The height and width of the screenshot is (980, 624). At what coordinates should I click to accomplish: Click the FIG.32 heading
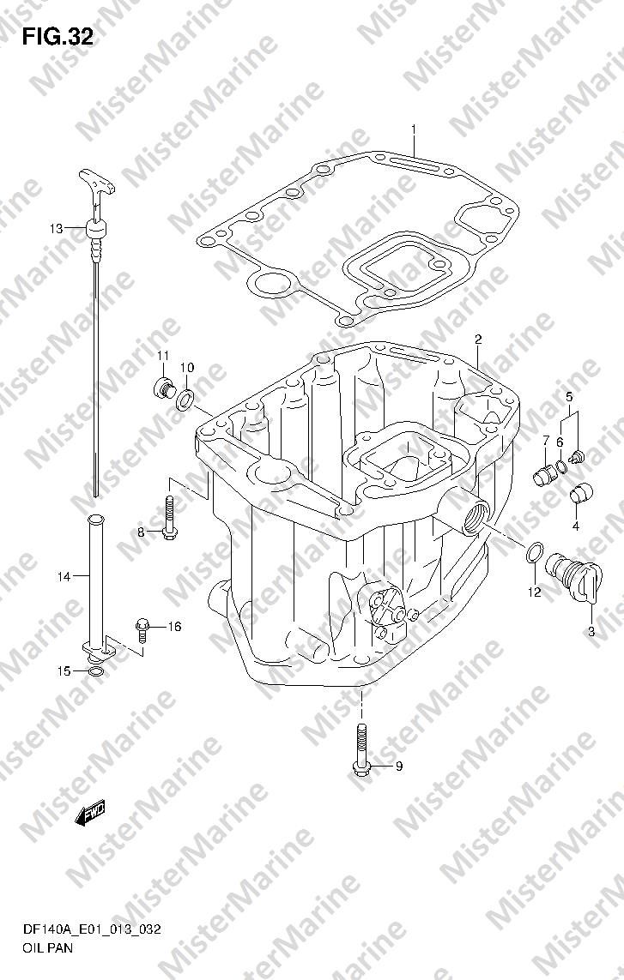click(x=58, y=38)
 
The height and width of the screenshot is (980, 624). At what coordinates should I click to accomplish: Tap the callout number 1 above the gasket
click(x=414, y=129)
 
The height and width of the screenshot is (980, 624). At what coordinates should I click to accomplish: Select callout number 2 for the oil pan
click(x=477, y=340)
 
